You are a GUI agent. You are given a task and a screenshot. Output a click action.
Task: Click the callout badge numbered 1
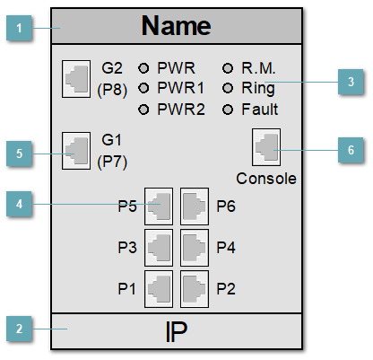[18, 30]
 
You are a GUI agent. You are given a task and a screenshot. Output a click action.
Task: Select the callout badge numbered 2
[18, 329]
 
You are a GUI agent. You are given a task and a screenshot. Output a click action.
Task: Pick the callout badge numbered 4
[18, 204]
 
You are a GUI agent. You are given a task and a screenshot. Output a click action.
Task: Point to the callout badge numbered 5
[18, 153]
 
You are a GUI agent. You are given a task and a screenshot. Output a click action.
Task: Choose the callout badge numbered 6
[351, 150]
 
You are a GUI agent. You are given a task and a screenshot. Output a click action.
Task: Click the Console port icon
[266, 145]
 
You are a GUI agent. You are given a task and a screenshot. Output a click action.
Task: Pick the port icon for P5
[159, 206]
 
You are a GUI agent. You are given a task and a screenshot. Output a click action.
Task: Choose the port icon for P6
[195, 206]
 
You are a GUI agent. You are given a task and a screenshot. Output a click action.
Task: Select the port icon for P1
[159, 287]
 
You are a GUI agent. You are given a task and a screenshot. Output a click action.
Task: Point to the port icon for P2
[195, 287]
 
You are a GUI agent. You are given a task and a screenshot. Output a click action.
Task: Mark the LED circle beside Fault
[227, 109]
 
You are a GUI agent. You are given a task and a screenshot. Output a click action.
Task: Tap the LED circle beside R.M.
[227, 67]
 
